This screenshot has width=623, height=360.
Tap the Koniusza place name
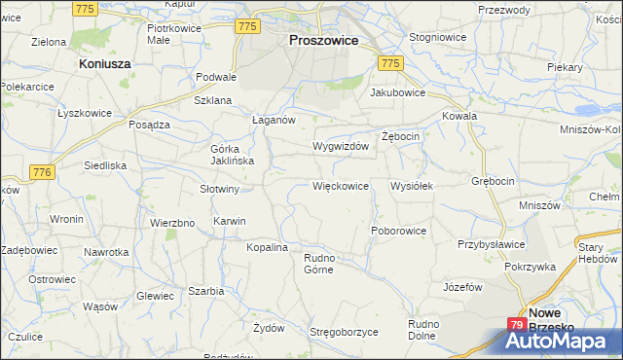[x=104, y=62]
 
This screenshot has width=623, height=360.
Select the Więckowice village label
[x=340, y=185]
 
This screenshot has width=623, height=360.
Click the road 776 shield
[x=41, y=172]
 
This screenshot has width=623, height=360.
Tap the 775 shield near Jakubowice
[x=390, y=62]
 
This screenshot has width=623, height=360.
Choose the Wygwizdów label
[x=340, y=146]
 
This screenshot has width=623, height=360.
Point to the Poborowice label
[x=399, y=231]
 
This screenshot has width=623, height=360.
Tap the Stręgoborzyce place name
[x=344, y=332]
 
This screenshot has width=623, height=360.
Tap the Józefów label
[x=463, y=287]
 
